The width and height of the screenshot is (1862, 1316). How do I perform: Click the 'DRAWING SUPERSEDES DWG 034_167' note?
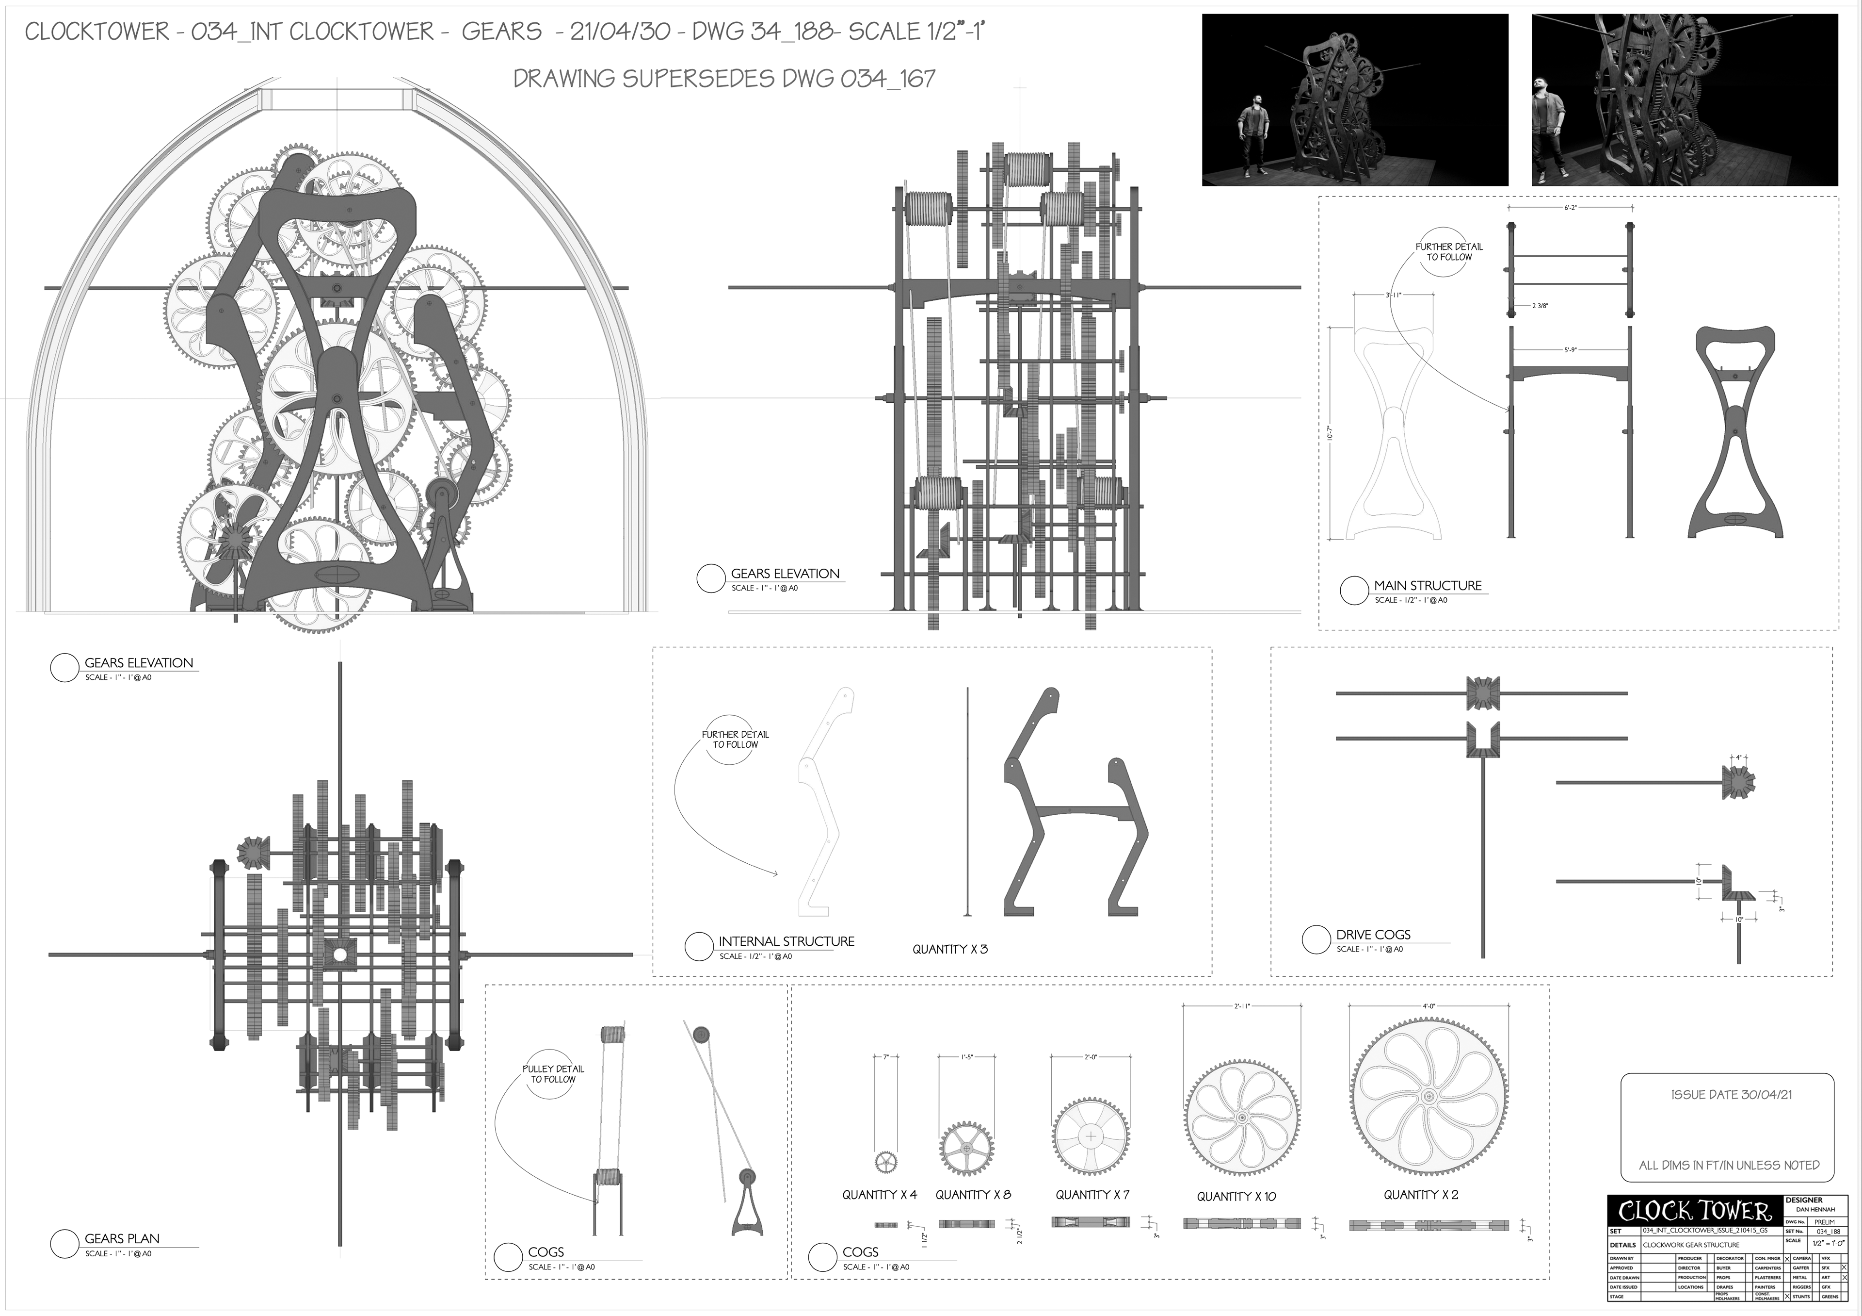pos(724,79)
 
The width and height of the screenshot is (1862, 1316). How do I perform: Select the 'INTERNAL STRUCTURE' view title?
pos(786,941)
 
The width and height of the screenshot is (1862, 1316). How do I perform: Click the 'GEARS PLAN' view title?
pos(122,1238)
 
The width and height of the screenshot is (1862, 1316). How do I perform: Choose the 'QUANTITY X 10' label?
pos(1236,1196)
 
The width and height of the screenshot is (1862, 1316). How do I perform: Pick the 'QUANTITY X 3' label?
pos(949,949)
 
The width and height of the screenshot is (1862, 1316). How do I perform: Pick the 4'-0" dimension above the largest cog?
pos(1429,1006)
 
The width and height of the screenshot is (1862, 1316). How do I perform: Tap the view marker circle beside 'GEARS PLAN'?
pos(64,1244)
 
